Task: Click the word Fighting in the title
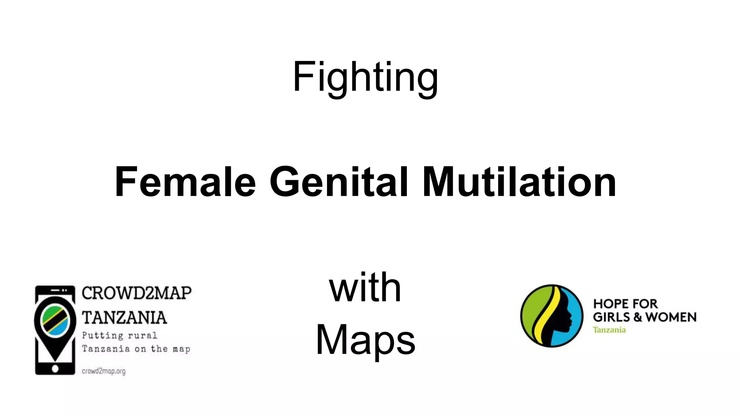click(x=365, y=77)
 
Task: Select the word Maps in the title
click(x=365, y=340)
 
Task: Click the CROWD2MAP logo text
click(x=136, y=293)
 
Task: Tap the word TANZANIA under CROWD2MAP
click(x=124, y=318)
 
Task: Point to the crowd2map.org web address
click(x=104, y=371)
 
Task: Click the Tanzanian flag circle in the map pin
click(x=55, y=320)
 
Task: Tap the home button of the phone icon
click(x=55, y=369)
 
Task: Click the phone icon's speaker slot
click(x=55, y=290)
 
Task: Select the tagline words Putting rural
click(x=120, y=335)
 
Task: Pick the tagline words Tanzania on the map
click(x=136, y=349)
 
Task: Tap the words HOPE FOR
click(x=625, y=304)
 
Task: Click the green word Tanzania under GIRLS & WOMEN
click(x=609, y=330)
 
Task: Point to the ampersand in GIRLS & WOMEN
click(x=637, y=317)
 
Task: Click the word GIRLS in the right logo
click(x=611, y=317)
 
